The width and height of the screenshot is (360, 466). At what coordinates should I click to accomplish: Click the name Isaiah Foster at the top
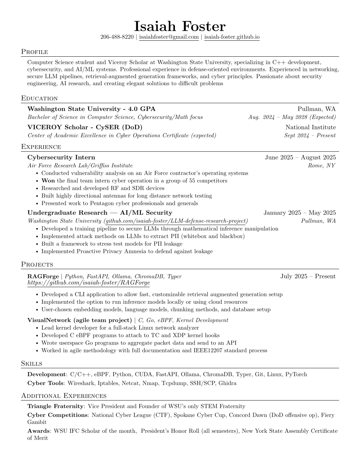tap(180, 26)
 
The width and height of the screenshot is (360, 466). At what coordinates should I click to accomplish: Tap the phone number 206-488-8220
tap(117, 37)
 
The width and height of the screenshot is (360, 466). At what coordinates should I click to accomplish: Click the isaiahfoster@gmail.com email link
tap(169, 37)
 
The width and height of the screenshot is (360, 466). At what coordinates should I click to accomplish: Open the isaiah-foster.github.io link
tap(232, 37)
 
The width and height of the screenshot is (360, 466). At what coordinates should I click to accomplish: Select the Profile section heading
tap(35, 52)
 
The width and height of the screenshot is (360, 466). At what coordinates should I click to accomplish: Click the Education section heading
tap(39, 98)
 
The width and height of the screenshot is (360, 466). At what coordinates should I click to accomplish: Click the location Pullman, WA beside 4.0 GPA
tap(317, 109)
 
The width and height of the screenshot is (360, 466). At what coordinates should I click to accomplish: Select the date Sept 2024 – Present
tap(310, 135)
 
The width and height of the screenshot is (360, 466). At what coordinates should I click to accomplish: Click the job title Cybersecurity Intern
tap(61, 157)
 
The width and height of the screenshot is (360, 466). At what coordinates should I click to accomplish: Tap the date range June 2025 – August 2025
tap(300, 157)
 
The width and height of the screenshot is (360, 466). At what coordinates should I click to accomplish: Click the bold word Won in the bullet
tap(48, 181)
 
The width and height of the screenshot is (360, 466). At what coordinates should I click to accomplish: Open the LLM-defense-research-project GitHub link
tap(176, 221)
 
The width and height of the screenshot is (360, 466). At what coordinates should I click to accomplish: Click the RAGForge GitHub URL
tap(88, 283)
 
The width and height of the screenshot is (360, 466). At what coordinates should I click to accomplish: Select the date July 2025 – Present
tap(308, 276)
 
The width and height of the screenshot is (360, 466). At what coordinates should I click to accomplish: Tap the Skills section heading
tap(32, 364)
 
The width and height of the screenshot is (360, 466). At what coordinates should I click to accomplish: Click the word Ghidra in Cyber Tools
tap(227, 383)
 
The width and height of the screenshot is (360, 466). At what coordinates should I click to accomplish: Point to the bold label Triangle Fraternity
tap(55, 406)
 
